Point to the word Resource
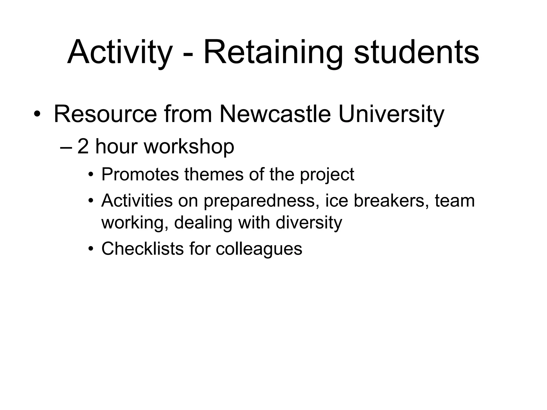[105, 114]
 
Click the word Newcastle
[275, 114]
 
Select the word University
[391, 114]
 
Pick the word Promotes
[140, 175]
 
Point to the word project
[327, 175]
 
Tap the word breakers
[389, 200]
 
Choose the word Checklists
[142, 249]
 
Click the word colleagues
[259, 249]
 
